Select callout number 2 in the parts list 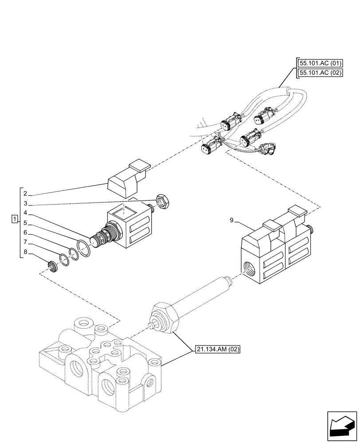[26, 194]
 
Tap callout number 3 [26, 203]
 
